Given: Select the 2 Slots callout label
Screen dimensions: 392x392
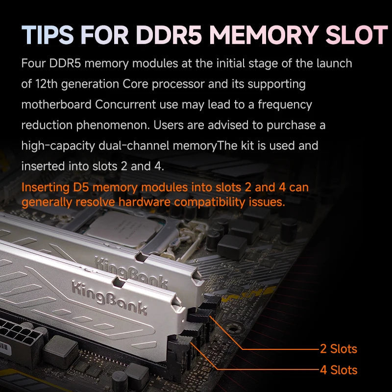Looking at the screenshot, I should (338, 349).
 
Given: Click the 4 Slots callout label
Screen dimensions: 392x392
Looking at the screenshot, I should (338, 370).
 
